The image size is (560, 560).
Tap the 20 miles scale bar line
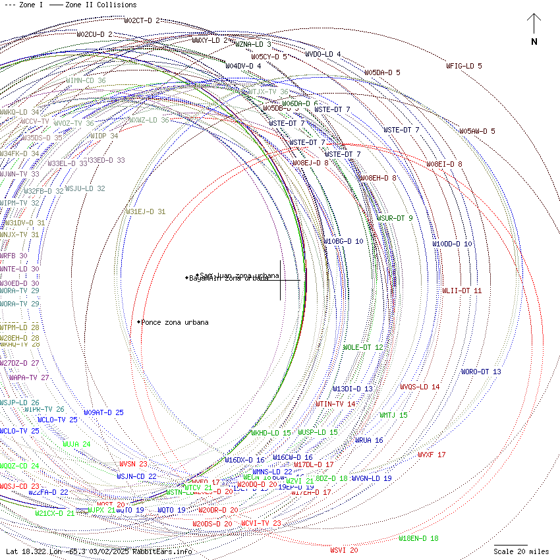511,545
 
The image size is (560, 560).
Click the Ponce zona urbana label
175,322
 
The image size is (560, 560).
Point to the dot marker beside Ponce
139,322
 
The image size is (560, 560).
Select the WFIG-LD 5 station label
464,66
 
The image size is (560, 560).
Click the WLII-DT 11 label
462,290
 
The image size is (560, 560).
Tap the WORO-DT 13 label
481,372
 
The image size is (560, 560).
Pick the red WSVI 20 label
344,549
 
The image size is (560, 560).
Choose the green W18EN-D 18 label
418,538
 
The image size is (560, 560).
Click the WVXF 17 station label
432,455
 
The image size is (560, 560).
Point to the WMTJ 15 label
393,415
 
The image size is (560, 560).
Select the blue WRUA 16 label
369,440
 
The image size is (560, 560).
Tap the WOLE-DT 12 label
363,347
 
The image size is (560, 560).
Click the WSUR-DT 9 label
395,218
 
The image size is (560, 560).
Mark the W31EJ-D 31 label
146,211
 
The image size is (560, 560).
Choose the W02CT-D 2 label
142,20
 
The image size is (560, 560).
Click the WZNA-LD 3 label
253,44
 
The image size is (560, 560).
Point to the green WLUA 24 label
76,444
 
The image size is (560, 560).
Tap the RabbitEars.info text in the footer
162,551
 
